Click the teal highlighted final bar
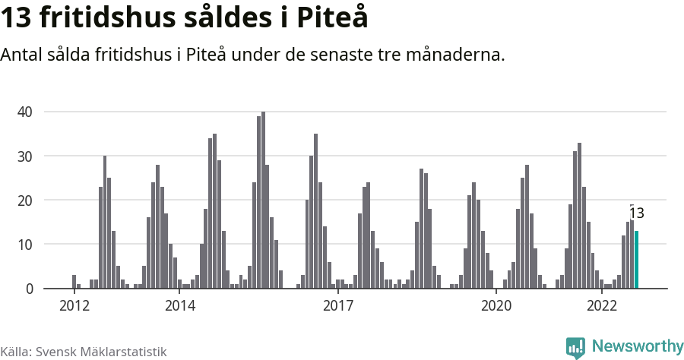637,260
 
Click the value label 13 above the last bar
636,213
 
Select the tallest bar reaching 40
264,201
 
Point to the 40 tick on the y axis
25,112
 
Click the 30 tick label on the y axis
25,156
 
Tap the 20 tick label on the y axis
25,201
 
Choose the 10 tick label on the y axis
25,245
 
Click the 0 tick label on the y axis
29,289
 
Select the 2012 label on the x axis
74,306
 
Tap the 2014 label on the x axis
179,306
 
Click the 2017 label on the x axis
338,306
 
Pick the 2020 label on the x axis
496,306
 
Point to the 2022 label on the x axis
602,306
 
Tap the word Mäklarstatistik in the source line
125,352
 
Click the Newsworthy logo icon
575,347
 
